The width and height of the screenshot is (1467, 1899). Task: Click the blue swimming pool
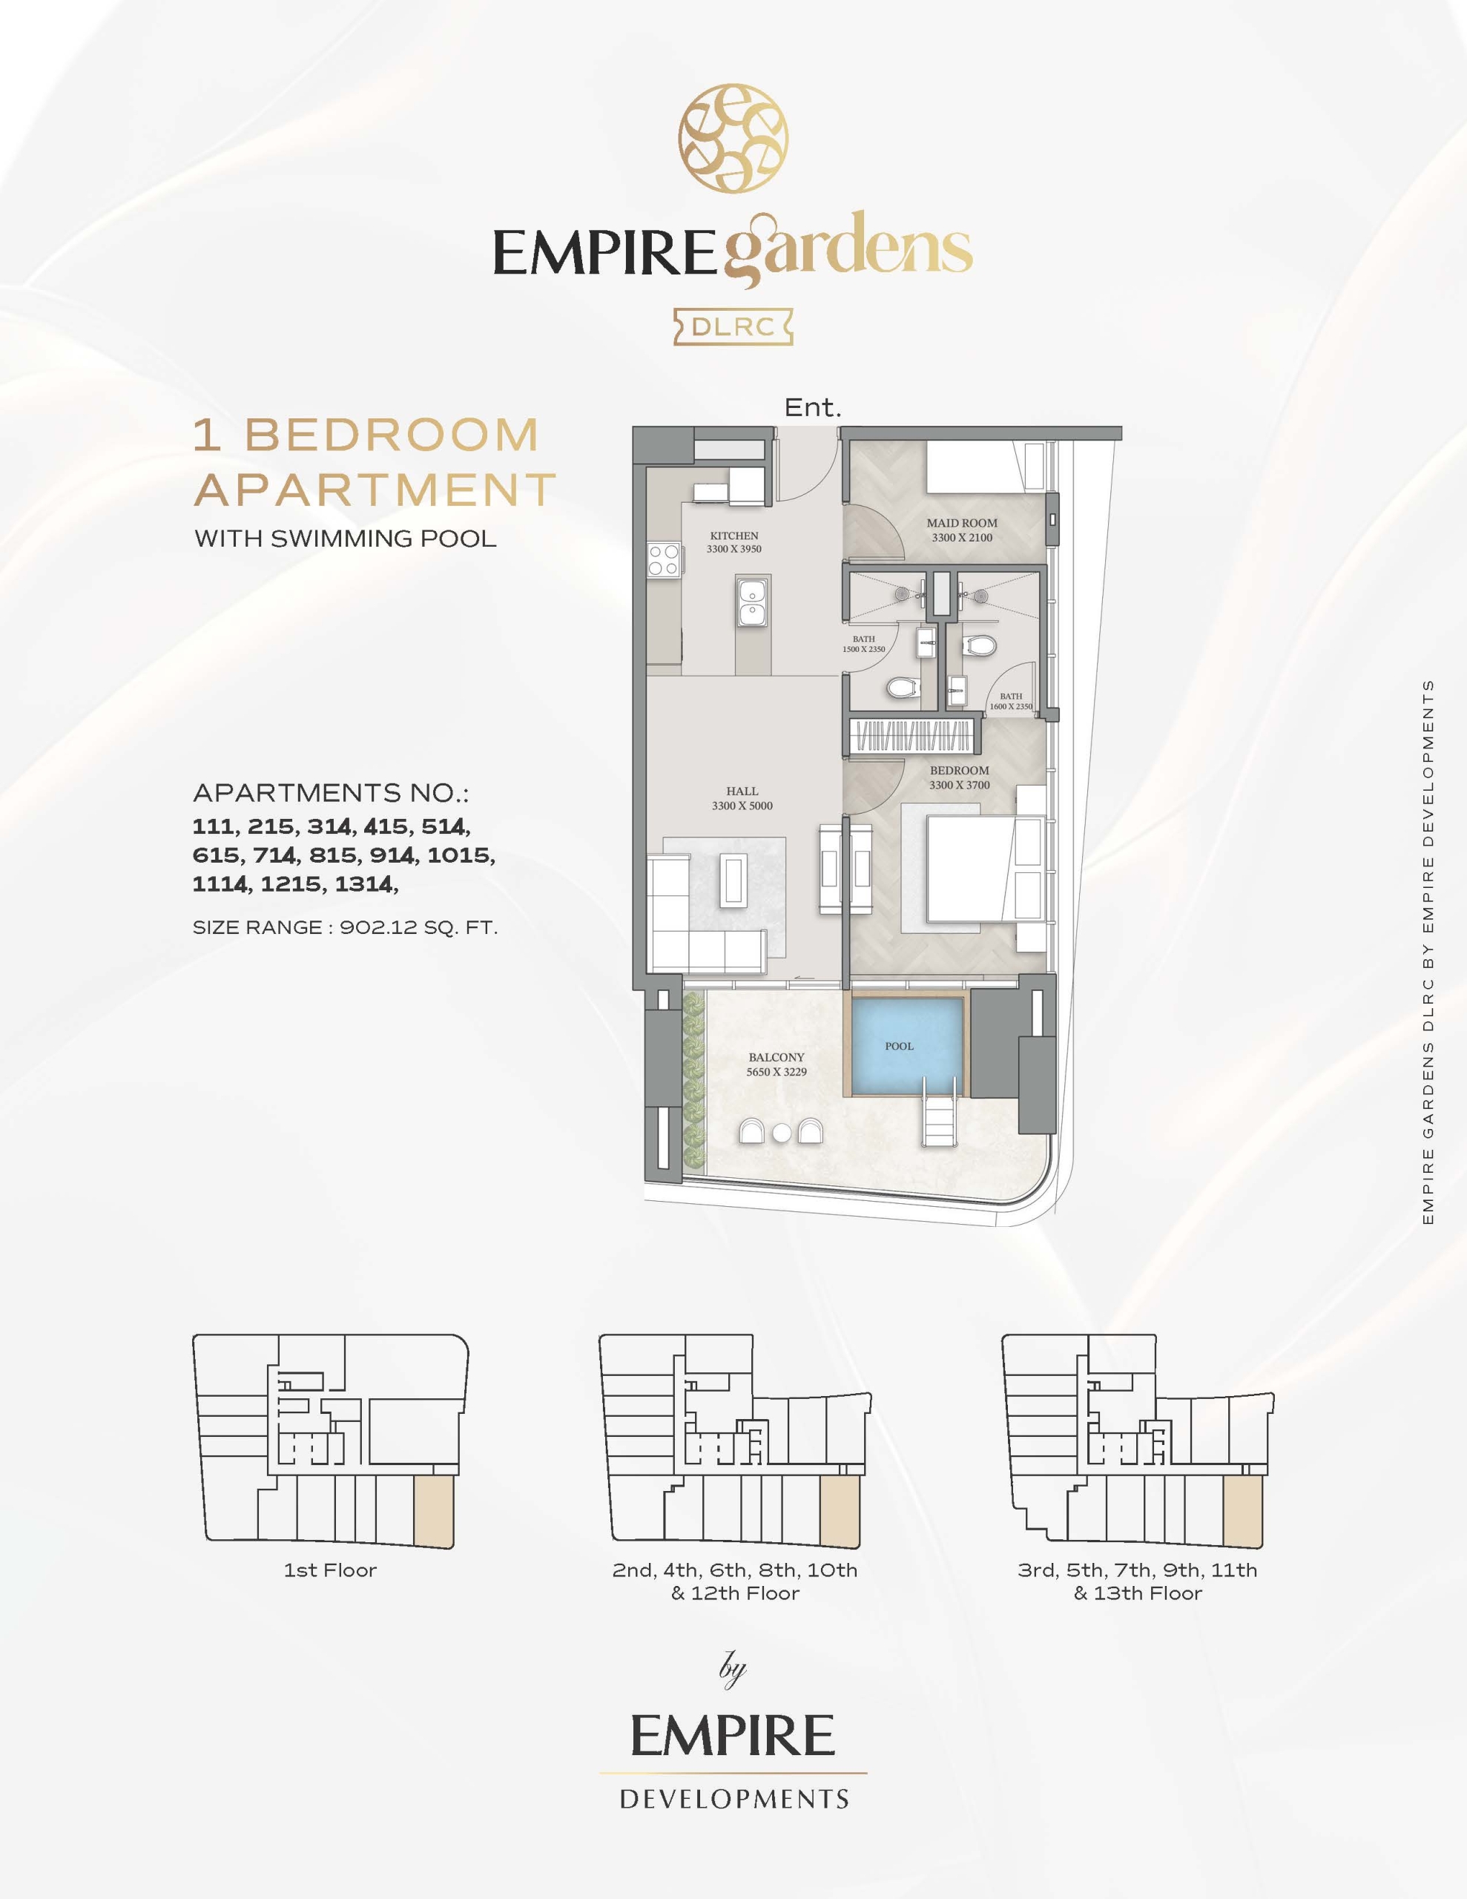tap(907, 1046)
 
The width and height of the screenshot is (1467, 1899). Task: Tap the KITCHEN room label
tap(734, 536)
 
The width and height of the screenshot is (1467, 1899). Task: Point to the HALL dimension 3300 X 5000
tap(742, 805)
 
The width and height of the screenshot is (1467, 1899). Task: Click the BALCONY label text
tap(777, 1057)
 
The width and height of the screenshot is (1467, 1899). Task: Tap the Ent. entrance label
tap(813, 407)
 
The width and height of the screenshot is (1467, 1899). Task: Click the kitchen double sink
tap(752, 601)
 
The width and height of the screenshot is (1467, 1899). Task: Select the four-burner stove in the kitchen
tap(664, 559)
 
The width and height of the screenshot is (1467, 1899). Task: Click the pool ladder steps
tap(939, 1122)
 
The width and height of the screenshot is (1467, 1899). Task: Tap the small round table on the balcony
tap(782, 1132)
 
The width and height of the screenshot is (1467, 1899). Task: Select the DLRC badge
tap(732, 327)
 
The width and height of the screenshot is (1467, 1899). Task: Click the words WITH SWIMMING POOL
tap(345, 539)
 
